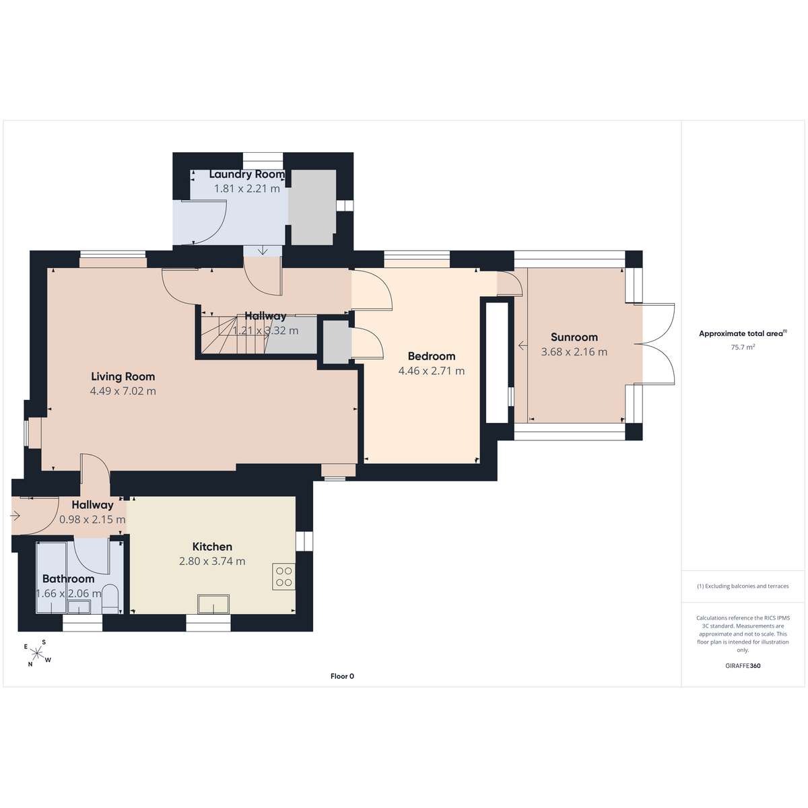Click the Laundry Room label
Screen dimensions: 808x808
click(x=247, y=174)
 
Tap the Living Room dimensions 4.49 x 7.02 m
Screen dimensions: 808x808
click(x=123, y=391)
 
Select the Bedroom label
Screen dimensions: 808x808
click(x=432, y=356)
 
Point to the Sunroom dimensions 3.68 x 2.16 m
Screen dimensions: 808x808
click(x=574, y=351)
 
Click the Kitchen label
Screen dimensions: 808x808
click(x=212, y=547)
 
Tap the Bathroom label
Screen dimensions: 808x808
click(x=69, y=579)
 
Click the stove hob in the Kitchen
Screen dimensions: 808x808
click(x=284, y=576)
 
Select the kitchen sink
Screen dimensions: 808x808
click(x=213, y=604)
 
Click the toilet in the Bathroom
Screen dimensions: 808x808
click(x=110, y=599)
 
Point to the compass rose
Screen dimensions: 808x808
click(x=37, y=653)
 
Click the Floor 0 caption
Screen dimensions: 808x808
click(x=342, y=676)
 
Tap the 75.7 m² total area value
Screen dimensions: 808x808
click(x=743, y=347)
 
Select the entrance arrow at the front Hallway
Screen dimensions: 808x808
click(x=15, y=515)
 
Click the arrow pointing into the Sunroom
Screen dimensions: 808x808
click(x=523, y=345)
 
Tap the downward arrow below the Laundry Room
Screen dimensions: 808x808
click(x=263, y=250)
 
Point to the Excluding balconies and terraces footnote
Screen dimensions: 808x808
click(x=743, y=586)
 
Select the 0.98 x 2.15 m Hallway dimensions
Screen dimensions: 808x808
click(x=92, y=520)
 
